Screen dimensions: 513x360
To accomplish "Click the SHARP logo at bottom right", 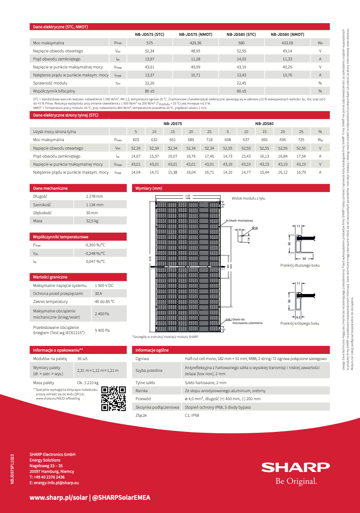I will pyautogui.click(x=296, y=467).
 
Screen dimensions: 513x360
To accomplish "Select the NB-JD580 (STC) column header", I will pyautogui.click(x=241, y=34).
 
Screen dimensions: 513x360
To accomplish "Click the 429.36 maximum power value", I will pyautogui.click(x=195, y=43).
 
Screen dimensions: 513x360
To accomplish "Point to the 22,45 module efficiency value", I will pyautogui.click(x=241, y=83).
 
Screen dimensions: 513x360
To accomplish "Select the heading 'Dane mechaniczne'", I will pyautogui.click(x=50, y=188).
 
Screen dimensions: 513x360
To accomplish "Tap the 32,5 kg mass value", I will pyautogui.click(x=92, y=221).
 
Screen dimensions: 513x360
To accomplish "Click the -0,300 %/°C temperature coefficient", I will pyautogui.click(x=95, y=245).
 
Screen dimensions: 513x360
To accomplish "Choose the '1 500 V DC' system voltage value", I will pyautogui.click(x=104, y=286).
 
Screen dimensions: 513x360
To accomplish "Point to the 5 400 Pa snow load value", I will pyautogui.click(x=102, y=331).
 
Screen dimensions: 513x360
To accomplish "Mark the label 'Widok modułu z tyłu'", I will pyautogui.click(x=248, y=198).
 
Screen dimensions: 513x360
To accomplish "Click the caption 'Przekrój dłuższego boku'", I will pyautogui.click(x=300, y=265).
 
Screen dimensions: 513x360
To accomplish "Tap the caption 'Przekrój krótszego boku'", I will pyautogui.click(x=300, y=323).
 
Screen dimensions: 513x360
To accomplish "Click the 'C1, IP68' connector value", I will pyautogui.click(x=192, y=415).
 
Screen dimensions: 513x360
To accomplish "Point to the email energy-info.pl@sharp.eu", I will pyautogui.click(x=54, y=483).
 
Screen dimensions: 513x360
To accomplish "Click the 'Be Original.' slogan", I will pyautogui.click(x=296, y=482).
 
